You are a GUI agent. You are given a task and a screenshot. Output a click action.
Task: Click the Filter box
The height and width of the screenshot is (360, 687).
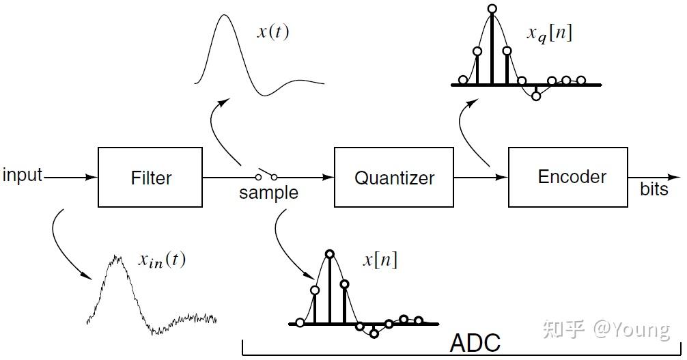tap(150, 178)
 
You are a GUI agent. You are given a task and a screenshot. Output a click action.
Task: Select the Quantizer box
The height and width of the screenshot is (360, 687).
tap(393, 178)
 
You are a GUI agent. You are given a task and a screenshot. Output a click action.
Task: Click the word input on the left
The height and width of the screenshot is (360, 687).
tap(23, 176)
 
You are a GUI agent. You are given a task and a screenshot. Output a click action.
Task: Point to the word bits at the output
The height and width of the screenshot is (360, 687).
tap(654, 189)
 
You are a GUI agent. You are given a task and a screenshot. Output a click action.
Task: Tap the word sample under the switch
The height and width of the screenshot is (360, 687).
tap(268, 193)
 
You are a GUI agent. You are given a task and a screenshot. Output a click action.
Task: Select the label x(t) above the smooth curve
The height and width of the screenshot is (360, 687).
tap(272, 32)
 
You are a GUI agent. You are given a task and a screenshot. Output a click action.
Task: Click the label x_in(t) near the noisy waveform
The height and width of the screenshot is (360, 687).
tap(162, 260)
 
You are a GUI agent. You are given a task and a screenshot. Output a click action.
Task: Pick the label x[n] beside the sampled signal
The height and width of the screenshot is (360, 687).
tap(380, 260)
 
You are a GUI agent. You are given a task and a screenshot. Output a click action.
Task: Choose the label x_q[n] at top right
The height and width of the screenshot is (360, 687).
tap(549, 33)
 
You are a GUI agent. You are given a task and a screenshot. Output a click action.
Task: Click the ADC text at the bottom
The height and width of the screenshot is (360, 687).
tap(475, 343)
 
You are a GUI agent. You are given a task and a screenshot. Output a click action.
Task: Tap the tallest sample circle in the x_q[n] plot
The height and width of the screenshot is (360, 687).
tap(492, 9)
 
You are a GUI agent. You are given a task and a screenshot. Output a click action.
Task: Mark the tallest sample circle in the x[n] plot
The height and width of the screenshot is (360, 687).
tap(330, 254)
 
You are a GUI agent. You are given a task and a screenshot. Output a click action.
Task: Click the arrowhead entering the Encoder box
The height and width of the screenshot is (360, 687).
tap(503, 178)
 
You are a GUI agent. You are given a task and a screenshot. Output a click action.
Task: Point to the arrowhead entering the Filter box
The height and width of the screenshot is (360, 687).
tap(93, 178)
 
